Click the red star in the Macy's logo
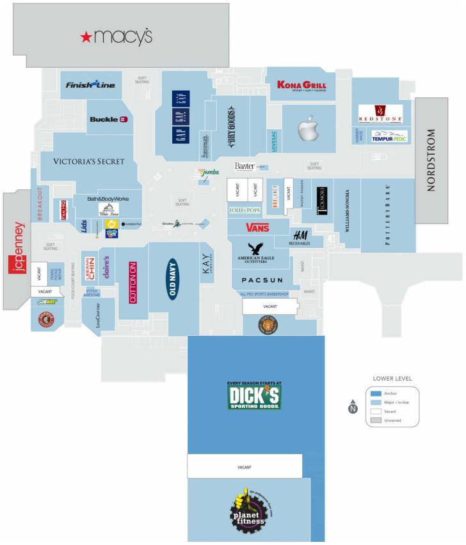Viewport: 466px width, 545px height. coord(86,38)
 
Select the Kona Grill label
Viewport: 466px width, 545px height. coord(301,86)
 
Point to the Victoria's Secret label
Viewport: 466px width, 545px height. coord(89,161)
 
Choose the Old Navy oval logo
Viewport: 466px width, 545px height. coord(172,278)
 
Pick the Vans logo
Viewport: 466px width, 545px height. coord(257,227)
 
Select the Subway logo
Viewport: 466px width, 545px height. coord(47,301)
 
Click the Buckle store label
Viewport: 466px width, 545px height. coord(108,119)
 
